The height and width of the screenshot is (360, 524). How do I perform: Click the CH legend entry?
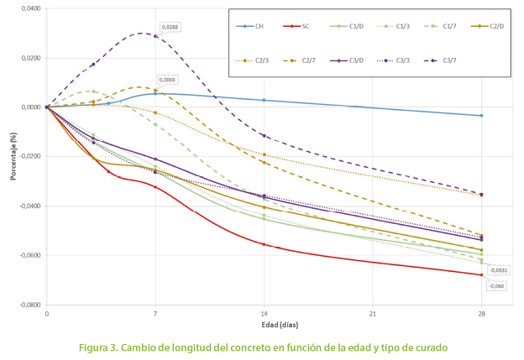[254, 26]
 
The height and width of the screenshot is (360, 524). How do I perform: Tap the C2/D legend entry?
[488, 26]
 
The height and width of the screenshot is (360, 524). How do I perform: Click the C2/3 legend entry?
[254, 60]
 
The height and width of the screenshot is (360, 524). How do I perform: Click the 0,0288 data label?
[170, 27]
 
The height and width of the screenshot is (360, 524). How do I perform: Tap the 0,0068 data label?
[167, 80]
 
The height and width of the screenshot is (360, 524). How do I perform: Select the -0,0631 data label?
[498, 270]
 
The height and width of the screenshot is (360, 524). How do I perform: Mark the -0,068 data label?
[496, 286]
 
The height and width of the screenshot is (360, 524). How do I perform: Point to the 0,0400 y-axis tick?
[29, 8]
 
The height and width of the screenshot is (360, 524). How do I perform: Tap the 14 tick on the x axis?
[264, 313]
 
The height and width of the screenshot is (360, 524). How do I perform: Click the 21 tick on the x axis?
[372, 313]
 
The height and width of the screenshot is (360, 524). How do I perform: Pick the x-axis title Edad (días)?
[263, 324]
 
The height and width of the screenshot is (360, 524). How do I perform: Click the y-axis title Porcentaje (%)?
[12, 156]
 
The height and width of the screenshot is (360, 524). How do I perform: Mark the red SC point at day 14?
[264, 244]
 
